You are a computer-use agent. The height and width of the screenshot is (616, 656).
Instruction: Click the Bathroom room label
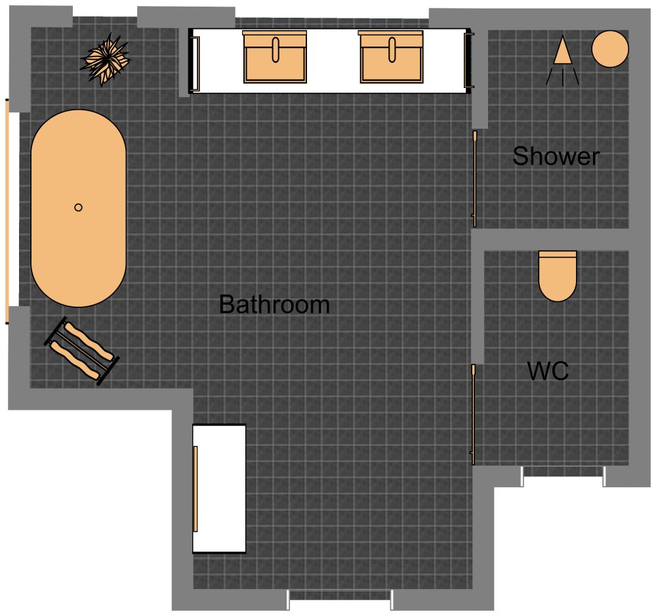[274, 305]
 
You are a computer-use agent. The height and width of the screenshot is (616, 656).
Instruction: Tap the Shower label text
[556, 156]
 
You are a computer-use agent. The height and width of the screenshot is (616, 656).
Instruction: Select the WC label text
[548, 371]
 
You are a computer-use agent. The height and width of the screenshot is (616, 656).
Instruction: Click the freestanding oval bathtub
[78, 208]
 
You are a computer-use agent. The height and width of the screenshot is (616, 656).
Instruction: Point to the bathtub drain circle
[78, 208]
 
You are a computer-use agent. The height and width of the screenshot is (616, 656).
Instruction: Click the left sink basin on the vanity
[275, 57]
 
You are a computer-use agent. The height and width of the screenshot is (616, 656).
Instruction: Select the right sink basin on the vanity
[391, 57]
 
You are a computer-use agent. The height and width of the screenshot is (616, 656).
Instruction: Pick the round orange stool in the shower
[610, 49]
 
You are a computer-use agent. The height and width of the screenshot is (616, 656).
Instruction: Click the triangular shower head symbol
[562, 52]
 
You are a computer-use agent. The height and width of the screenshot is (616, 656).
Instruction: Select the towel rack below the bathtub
[82, 351]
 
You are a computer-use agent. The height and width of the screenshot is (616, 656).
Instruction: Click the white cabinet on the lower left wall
[219, 489]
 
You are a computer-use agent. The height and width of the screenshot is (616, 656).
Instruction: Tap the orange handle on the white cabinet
[195, 489]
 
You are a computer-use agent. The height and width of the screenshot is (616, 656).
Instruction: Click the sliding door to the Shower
[474, 179]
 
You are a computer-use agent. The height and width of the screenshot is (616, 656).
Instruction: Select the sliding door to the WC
[472, 414]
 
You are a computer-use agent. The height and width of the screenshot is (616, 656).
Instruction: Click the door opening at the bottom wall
[340, 596]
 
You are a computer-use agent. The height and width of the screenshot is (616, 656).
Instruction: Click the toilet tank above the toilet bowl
[558, 254]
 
